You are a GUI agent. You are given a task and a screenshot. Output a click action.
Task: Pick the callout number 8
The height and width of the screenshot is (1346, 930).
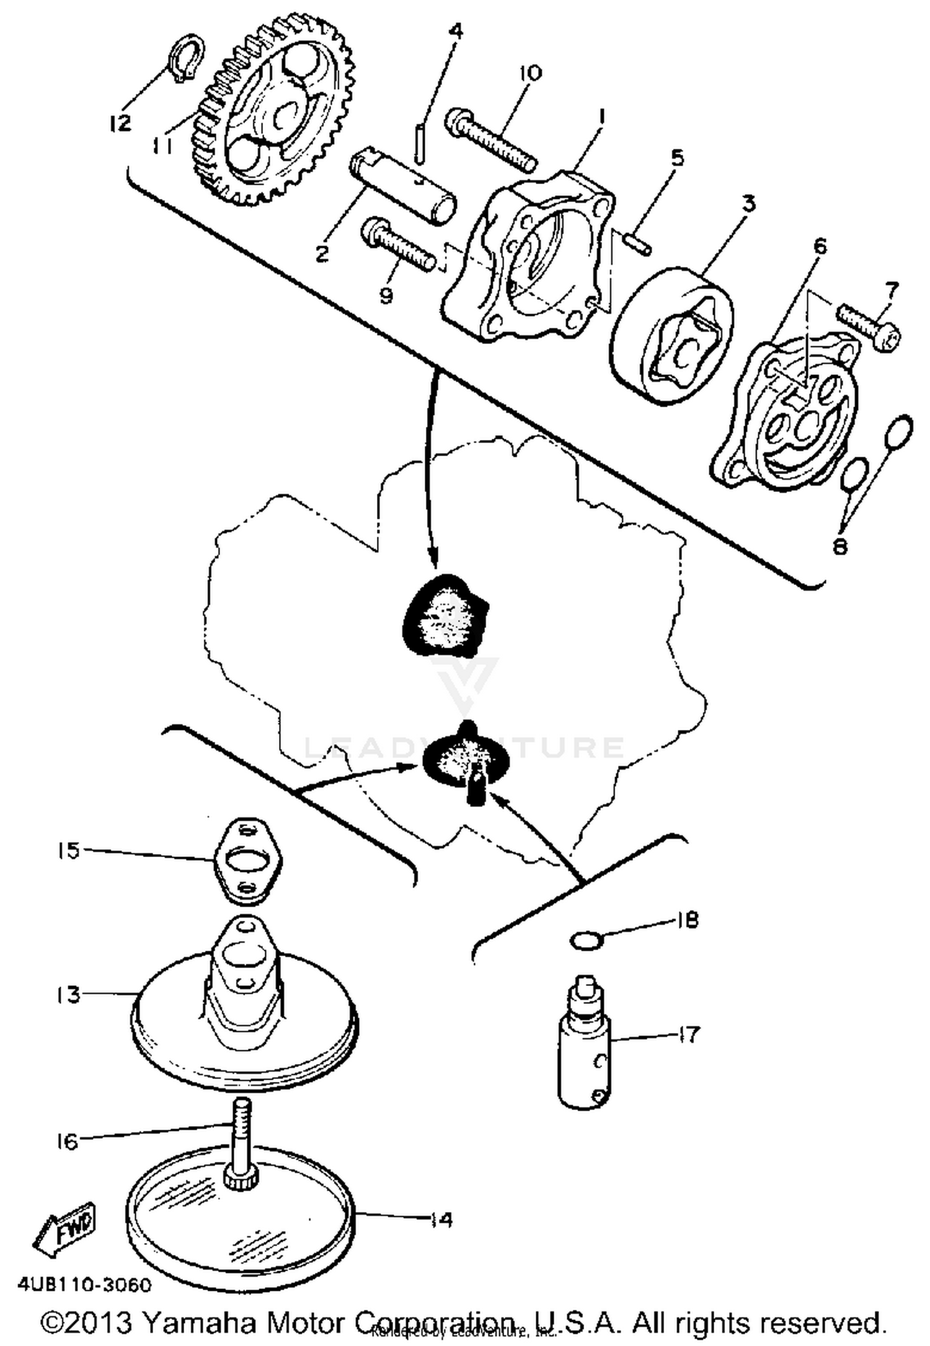click(839, 547)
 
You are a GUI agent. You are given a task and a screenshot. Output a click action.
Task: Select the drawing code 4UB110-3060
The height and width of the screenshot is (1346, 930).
click(84, 1285)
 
